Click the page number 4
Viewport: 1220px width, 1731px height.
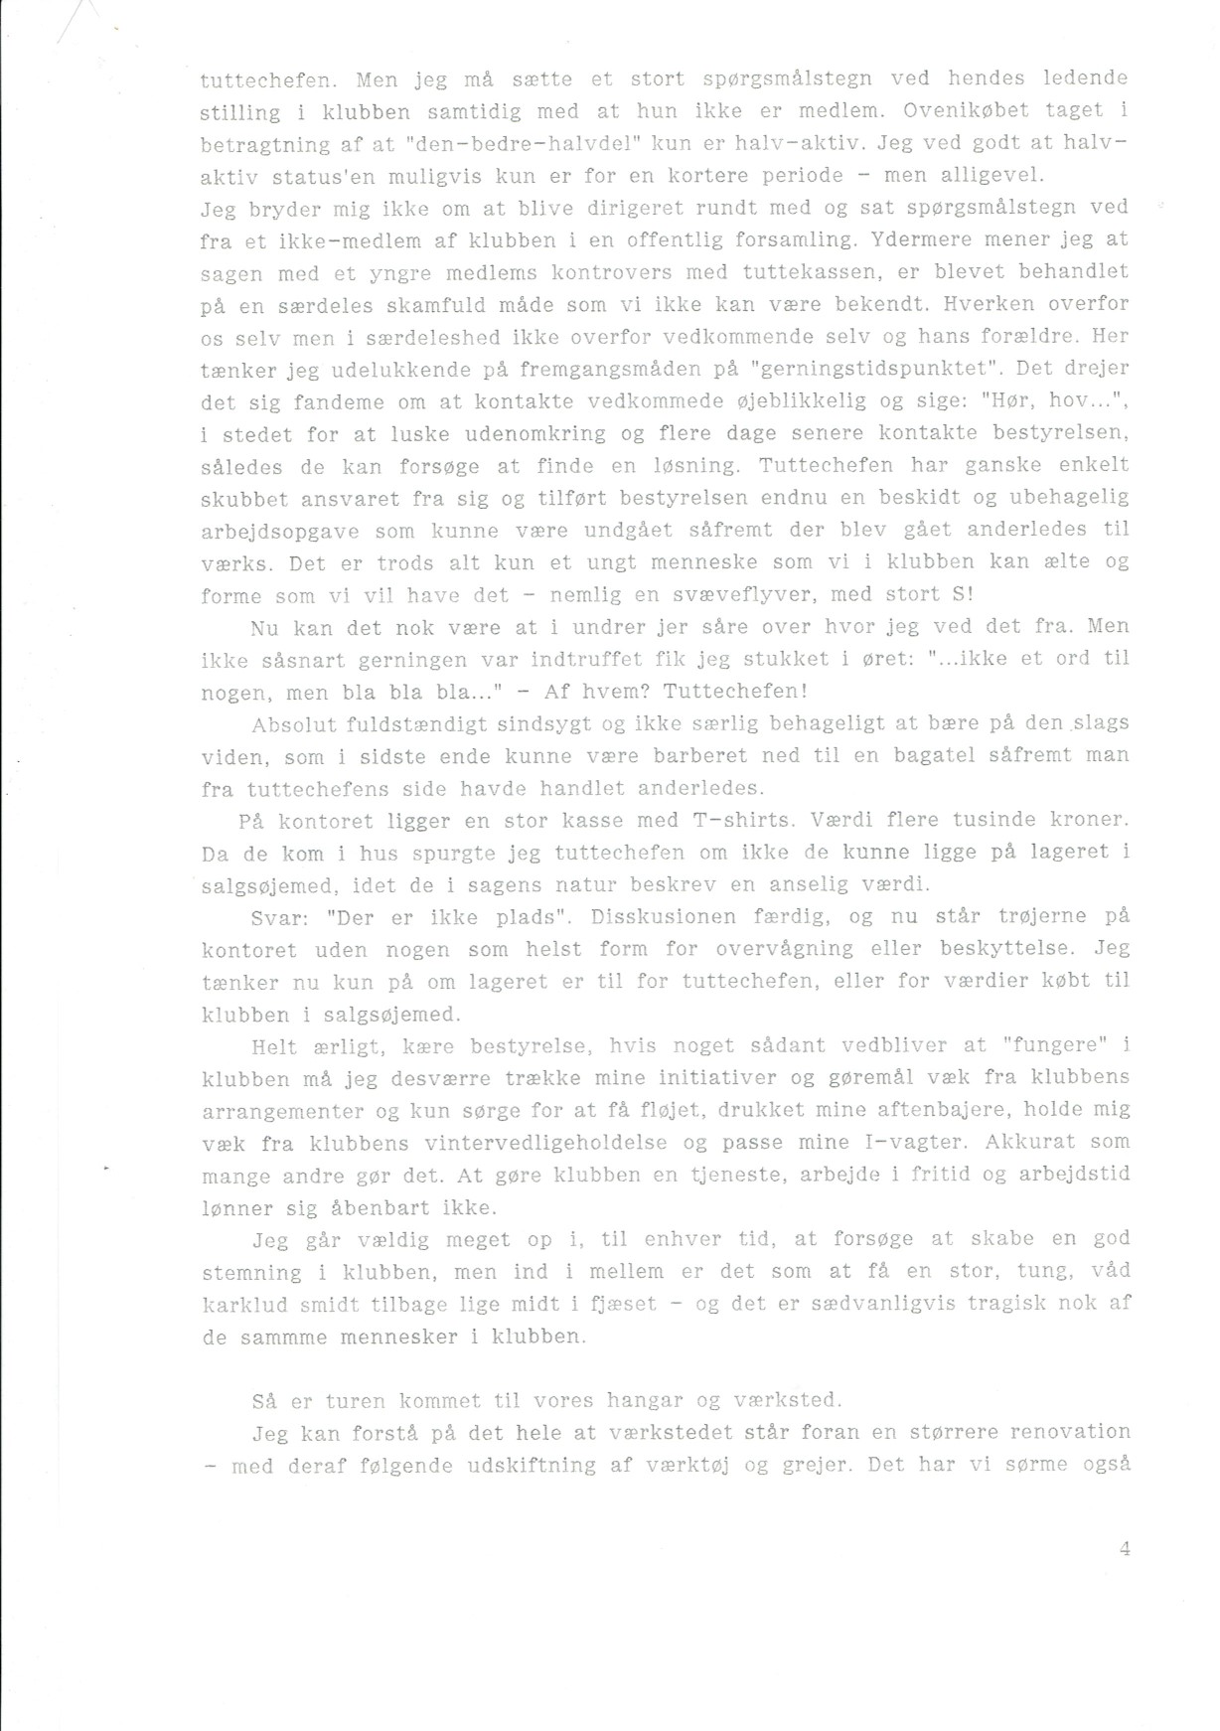(x=1125, y=1548)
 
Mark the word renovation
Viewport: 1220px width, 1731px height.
(x=1068, y=1432)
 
